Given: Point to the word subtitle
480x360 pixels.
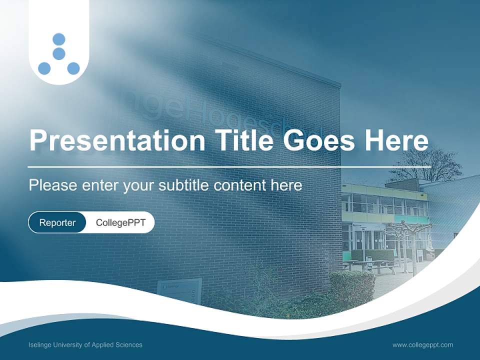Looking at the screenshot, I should point(183,185).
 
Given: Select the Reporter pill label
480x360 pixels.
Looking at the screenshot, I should point(57,222).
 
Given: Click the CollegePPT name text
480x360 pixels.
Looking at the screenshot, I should point(120,222).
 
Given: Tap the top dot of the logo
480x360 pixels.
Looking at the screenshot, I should point(59,39).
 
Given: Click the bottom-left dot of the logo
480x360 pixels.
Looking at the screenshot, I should point(44,68).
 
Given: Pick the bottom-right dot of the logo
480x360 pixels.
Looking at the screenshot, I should point(73,68).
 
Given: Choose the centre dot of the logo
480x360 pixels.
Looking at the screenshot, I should point(59,53).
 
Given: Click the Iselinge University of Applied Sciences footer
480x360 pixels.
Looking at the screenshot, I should point(85,345).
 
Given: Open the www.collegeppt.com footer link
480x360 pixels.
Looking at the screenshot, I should point(422,345).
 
